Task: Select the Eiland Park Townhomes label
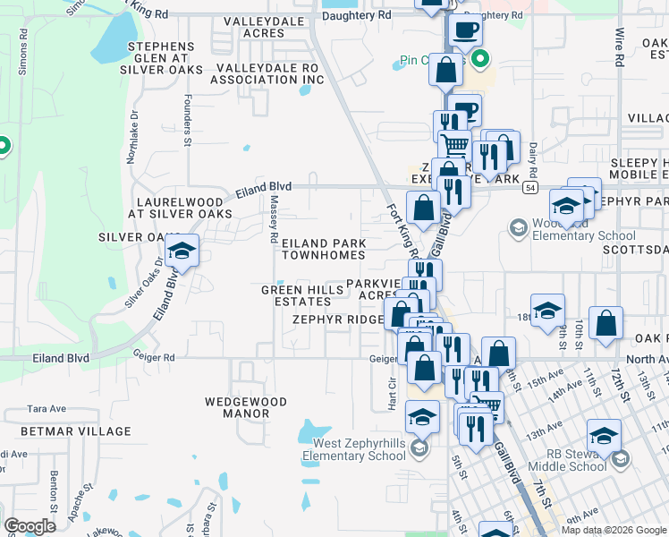323,249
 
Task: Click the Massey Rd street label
275,221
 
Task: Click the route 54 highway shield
531,188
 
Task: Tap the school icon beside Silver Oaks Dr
182,251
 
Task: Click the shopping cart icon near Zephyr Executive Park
454,143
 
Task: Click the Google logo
30,526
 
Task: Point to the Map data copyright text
613,530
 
